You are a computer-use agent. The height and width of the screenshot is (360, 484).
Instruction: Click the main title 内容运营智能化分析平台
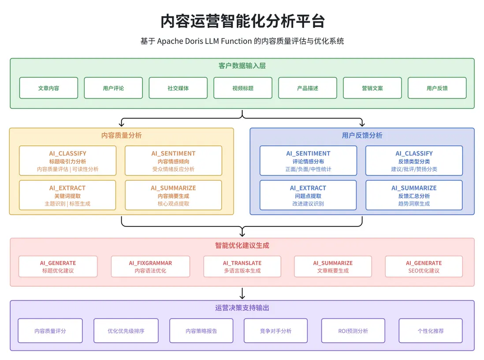point(242,21)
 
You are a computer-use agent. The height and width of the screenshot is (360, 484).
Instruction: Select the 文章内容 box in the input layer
point(48,88)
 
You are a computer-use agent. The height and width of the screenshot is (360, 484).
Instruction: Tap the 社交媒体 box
point(178,88)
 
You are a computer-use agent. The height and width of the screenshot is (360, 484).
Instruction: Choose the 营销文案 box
point(372,88)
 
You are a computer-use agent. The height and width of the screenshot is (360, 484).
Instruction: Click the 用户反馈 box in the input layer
point(437,88)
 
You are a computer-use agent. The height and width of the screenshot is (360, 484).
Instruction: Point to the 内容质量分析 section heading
point(122,136)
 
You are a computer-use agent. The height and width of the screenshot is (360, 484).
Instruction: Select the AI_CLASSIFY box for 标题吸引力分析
point(67,161)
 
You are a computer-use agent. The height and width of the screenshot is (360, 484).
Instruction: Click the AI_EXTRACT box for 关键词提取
point(67,195)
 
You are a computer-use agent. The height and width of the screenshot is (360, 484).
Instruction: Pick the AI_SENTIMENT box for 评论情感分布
point(308,161)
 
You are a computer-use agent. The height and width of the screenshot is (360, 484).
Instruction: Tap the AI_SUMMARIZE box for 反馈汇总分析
point(414,195)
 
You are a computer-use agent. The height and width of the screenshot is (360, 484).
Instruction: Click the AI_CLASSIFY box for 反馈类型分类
point(414,161)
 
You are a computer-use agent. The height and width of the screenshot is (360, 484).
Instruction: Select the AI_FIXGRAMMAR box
point(150,267)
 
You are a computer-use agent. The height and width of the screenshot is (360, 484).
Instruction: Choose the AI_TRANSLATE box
point(242,267)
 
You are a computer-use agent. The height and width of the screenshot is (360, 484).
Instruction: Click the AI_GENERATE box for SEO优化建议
point(424,267)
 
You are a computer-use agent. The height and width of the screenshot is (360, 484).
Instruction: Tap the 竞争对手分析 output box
point(276,331)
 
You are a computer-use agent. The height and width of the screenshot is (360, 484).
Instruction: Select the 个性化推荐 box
point(431,331)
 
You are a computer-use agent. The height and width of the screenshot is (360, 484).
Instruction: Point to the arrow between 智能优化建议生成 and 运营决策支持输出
point(242,294)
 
